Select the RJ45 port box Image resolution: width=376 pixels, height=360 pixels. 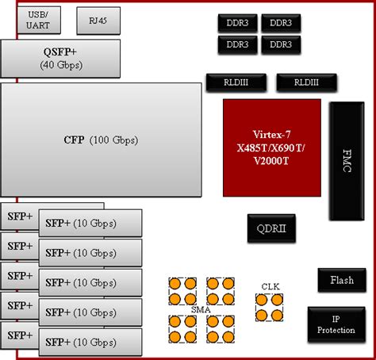[94, 21]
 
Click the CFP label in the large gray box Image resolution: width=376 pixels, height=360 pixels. [74, 140]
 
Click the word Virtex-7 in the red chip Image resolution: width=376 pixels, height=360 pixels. [272, 133]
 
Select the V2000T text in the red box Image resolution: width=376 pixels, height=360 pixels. [272, 162]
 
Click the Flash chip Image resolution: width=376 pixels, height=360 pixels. [341, 281]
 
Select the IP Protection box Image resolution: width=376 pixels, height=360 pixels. [336, 324]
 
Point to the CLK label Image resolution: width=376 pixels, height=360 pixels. [270, 286]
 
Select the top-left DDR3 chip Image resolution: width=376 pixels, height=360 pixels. [237, 24]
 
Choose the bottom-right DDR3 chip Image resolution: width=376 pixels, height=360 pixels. [280, 44]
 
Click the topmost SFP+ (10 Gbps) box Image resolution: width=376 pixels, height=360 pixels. [90, 224]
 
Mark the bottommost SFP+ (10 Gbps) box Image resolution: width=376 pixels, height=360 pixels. [90, 341]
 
